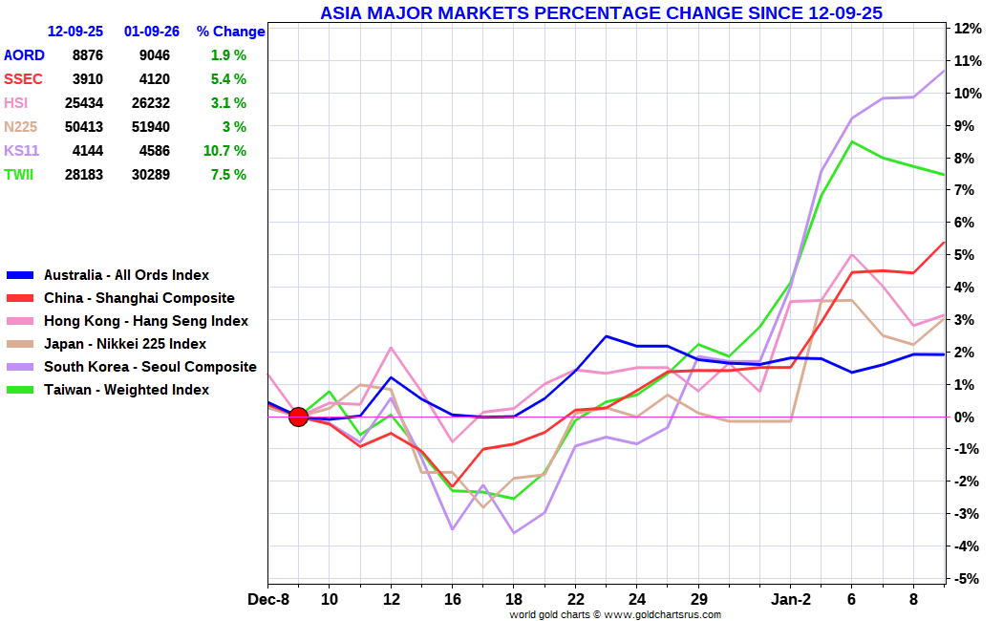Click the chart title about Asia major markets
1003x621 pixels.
coord(601,12)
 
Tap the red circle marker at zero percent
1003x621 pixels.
coord(298,417)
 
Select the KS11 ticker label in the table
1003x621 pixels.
coord(21,150)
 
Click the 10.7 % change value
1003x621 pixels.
coord(225,150)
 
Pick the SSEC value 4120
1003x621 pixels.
coord(153,79)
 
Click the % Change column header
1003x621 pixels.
coord(230,32)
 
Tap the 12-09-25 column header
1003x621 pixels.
coord(75,32)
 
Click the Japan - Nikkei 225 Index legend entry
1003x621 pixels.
coord(124,344)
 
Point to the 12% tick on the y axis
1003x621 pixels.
coord(968,29)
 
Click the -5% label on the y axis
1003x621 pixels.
coord(967,579)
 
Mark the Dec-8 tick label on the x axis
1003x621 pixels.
coord(268,599)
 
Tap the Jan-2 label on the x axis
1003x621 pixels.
coord(790,599)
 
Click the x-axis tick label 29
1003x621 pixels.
coord(698,599)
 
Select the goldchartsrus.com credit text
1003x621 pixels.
coord(614,614)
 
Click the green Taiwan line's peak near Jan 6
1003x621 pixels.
coord(851,141)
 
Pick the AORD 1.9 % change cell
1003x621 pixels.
coord(228,55)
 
